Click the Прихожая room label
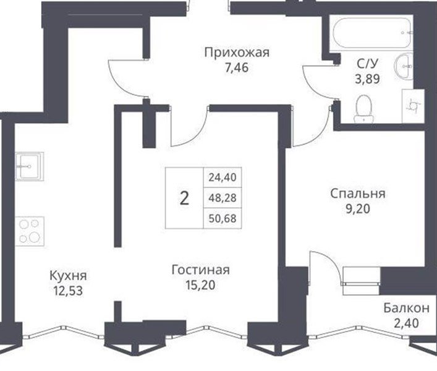click(237, 53)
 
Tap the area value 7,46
click(237, 68)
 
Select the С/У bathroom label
click(368, 64)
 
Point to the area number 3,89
click(367, 79)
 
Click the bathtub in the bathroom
click(371, 33)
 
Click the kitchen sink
click(30, 166)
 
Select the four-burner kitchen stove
click(30, 231)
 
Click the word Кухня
click(68, 276)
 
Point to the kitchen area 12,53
click(68, 291)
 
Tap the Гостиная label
click(201, 270)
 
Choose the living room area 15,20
click(200, 285)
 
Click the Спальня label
click(358, 194)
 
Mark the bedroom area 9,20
click(358, 209)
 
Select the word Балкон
click(406, 309)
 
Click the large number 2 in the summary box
click(184, 198)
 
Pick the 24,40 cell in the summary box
click(223, 177)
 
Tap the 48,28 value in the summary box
click(223, 198)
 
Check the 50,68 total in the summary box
click(223, 218)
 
